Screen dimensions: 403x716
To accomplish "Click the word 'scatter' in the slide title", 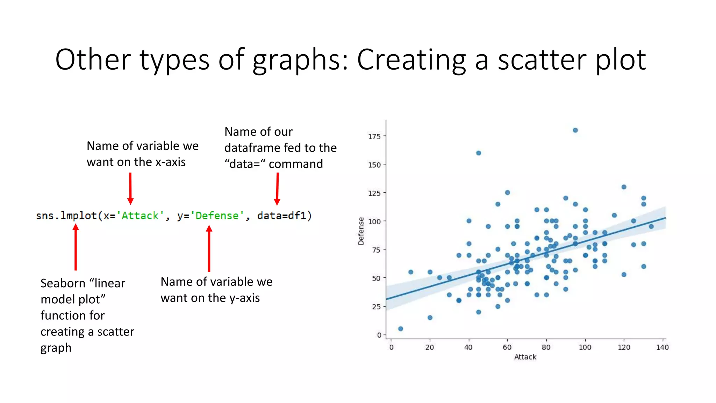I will click(x=542, y=60).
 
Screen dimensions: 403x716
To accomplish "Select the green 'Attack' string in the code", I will click(x=140, y=215).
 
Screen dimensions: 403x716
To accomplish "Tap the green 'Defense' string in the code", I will click(x=217, y=215).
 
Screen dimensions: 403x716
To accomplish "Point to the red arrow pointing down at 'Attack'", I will click(x=130, y=188).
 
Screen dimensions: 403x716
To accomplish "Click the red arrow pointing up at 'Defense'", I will click(x=209, y=248).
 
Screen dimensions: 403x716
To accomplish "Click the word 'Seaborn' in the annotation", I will click(x=63, y=283).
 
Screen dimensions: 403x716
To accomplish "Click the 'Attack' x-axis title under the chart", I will click(x=525, y=357).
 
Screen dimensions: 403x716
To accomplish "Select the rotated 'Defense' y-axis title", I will click(x=361, y=231).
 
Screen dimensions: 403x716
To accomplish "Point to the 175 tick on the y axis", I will click(x=374, y=136).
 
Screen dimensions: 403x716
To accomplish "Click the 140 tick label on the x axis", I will click(x=662, y=347).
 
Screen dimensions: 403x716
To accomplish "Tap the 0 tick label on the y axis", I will click(x=379, y=335).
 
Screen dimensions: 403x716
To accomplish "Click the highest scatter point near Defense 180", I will click(x=575, y=130).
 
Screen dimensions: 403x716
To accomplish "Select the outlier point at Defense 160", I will click(x=479, y=153).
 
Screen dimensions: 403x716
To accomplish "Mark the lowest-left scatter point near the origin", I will click(x=401, y=328).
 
